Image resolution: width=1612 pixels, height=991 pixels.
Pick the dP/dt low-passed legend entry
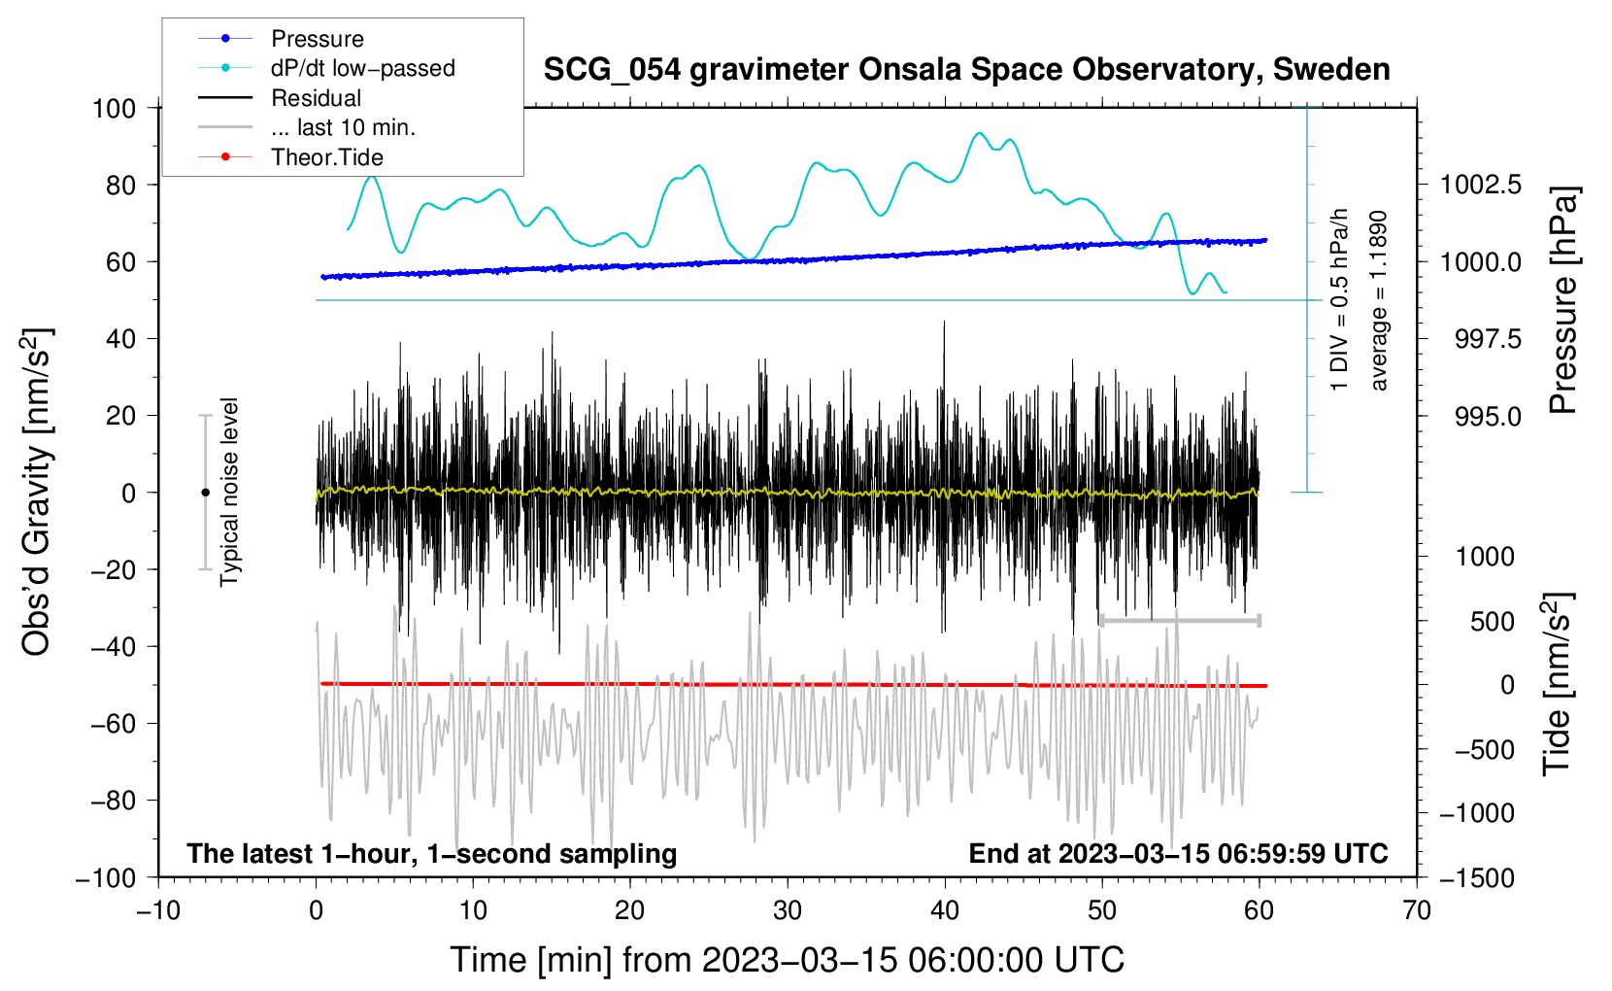point(326,68)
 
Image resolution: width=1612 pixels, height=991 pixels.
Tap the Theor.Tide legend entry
point(290,157)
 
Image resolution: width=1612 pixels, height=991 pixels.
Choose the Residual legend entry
point(280,98)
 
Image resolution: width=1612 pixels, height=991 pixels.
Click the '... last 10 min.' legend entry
point(307,127)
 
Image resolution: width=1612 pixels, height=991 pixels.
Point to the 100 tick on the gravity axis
point(115,109)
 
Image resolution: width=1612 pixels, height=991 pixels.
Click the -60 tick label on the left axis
point(113,724)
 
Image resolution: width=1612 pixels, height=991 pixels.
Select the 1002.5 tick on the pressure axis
point(1481,186)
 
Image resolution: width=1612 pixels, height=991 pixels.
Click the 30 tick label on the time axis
point(788,911)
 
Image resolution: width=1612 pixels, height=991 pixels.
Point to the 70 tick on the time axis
point(1416,911)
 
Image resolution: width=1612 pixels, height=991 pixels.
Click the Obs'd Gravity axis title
point(36,492)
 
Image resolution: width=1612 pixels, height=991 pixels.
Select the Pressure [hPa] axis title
point(1563,300)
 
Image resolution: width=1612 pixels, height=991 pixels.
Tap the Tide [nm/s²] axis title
point(1558,684)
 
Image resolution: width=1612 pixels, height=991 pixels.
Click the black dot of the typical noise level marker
point(205,493)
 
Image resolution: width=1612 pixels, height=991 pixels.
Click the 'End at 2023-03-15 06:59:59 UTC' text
point(1178,853)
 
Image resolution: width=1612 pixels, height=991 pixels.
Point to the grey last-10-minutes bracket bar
point(1180,620)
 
